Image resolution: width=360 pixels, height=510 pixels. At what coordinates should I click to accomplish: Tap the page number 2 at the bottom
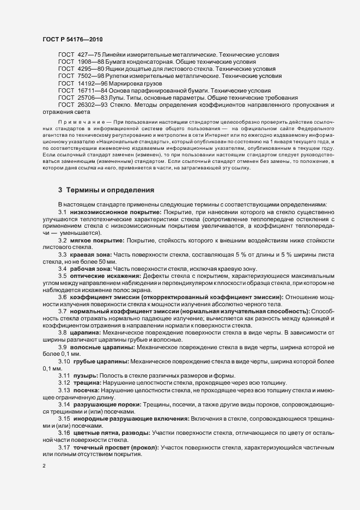[44, 466]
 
